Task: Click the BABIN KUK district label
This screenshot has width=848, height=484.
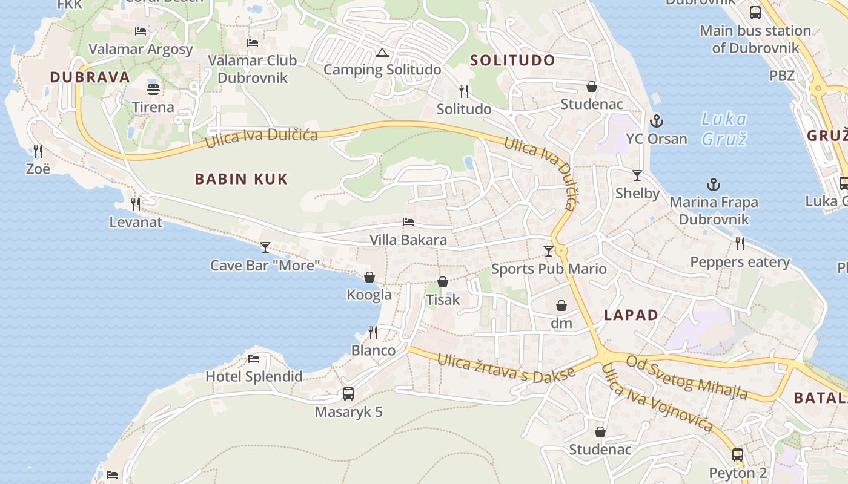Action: pyautogui.click(x=241, y=179)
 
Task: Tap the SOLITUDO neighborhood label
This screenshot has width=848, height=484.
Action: pyautogui.click(x=512, y=60)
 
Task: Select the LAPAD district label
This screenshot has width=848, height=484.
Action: pyautogui.click(x=631, y=315)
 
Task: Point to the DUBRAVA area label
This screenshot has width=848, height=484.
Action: pyautogui.click(x=90, y=77)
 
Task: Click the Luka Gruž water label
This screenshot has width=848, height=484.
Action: pyautogui.click(x=724, y=129)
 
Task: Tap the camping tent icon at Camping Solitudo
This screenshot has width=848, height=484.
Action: pyautogui.click(x=382, y=53)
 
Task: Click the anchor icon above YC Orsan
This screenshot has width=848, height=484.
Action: pyautogui.click(x=657, y=122)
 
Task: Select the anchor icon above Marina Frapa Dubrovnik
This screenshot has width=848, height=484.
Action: pyautogui.click(x=714, y=185)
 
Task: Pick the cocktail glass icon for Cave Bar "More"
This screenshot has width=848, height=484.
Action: pyautogui.click(x=265, y=247)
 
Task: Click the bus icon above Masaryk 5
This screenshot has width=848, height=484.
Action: pyautogui.click(x=348, y=394)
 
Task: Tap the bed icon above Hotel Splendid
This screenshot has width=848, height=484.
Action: pyautogui.click(x=254, y=359)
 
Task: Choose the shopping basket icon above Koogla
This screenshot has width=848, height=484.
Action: pyautogui.click(x=369, y=277)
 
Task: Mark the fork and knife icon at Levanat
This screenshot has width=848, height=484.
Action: pyautogui.click(x=136, y=204)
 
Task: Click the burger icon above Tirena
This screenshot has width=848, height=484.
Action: pyautogui.click(x=153, y=89)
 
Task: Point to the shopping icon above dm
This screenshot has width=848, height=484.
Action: pyautogui.click(x=561, y=305)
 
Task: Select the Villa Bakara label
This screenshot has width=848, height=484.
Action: pyautogui.click(x=408, y=240)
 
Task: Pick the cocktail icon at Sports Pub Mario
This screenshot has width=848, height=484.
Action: pyautogui.click(x=549, y=250)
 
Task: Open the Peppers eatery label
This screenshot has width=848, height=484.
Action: pyautogui.click(x=740, y=262)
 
